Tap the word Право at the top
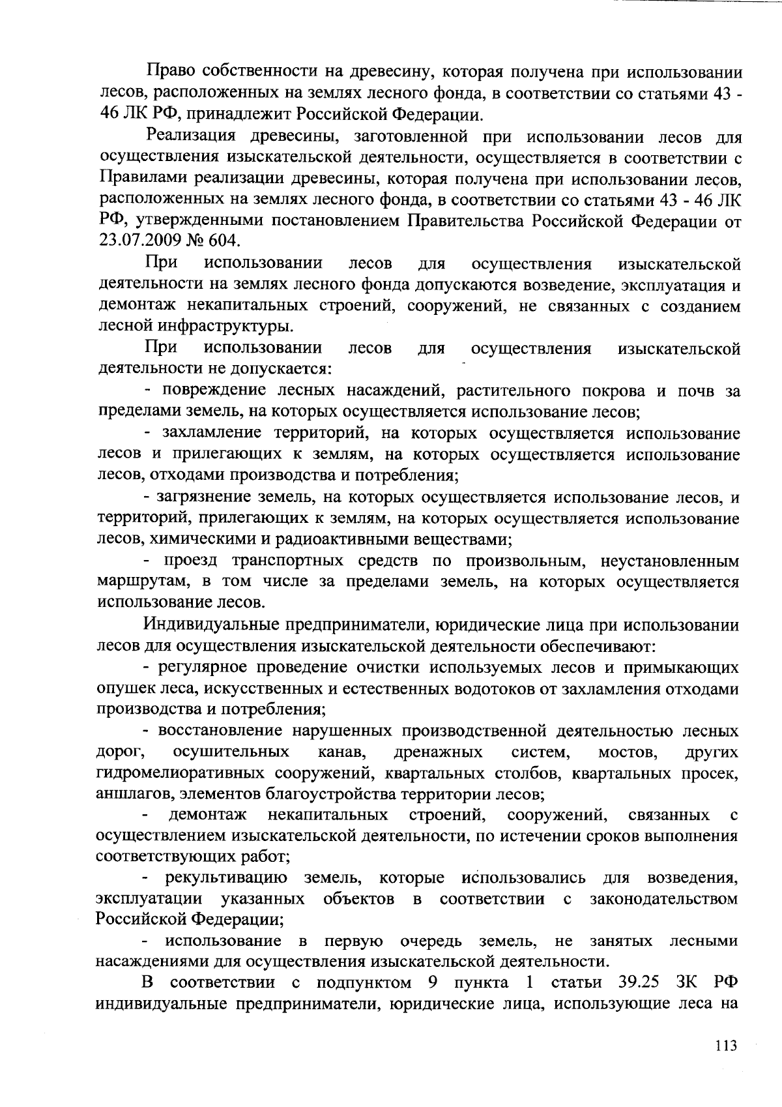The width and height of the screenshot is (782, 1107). coord(170,72)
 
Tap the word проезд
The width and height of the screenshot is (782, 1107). coord(190,561)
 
